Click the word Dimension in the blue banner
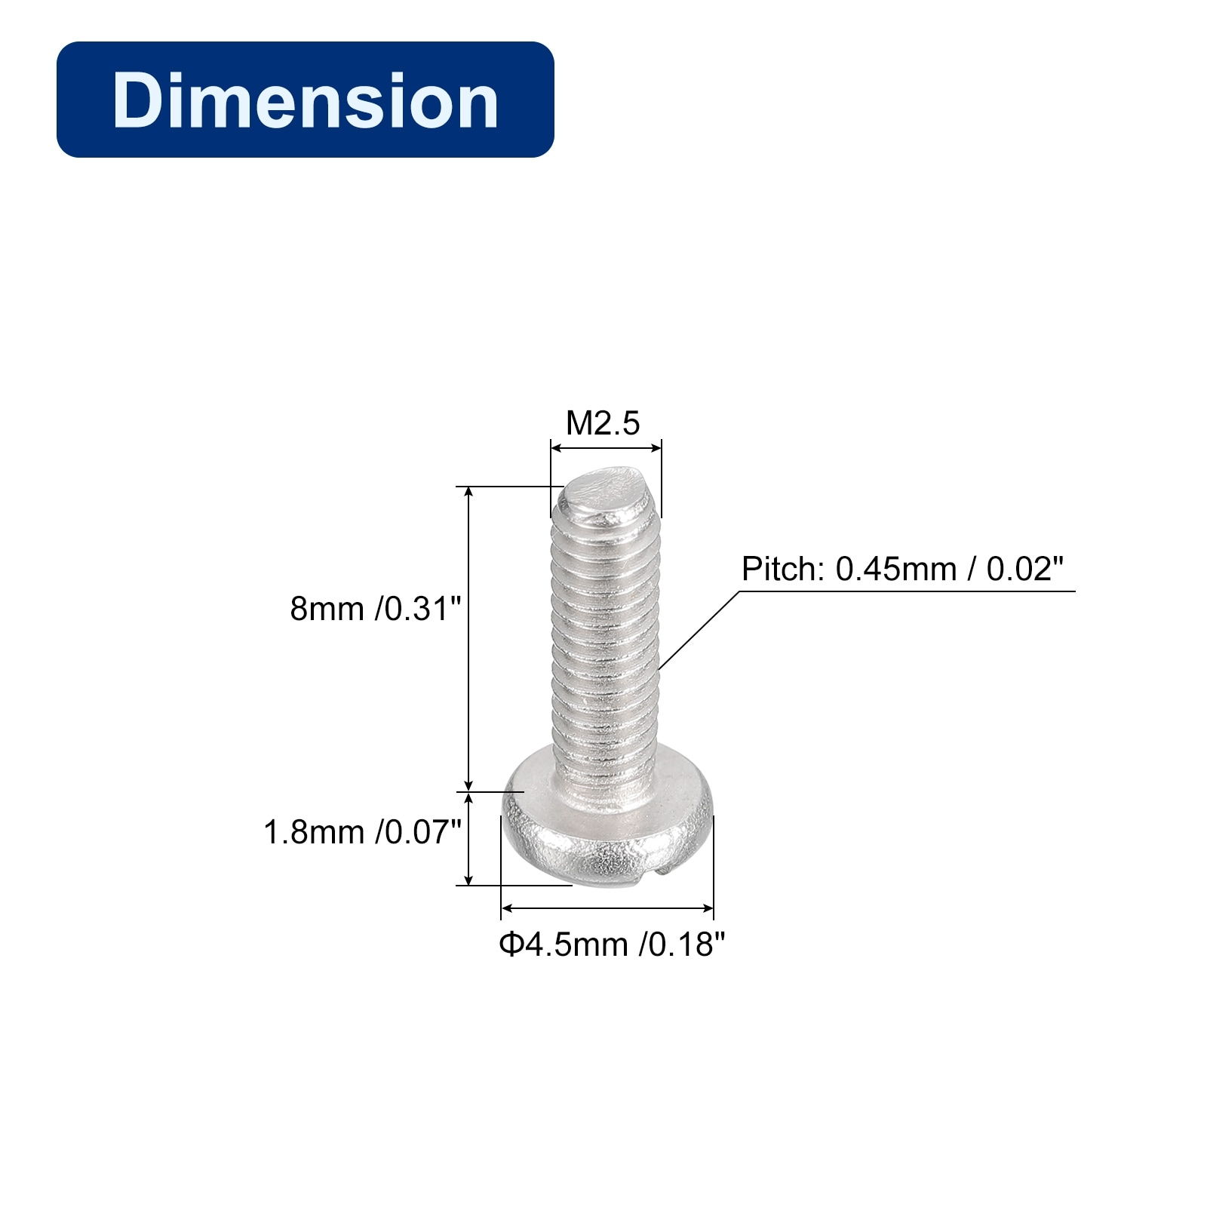point(306,100)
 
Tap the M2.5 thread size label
point(603,423)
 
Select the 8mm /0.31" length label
point(375,608)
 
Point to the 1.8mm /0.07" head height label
point(362,832)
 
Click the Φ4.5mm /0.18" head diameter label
point(612,944)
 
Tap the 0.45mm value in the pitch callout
point(896,569)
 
